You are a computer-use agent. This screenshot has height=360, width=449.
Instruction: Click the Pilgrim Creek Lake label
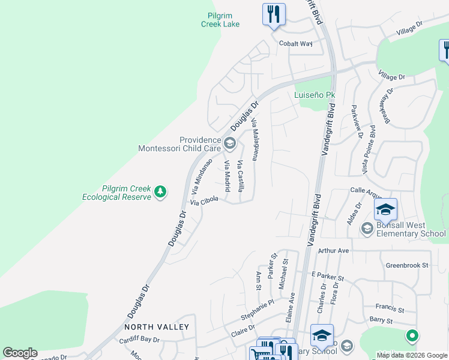tap(220, 20)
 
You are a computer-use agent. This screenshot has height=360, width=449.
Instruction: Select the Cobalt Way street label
tap(296, 43)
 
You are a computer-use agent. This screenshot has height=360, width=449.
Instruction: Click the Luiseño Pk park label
tap(315, 95)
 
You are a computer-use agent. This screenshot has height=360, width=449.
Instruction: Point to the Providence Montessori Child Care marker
tap(229, 143)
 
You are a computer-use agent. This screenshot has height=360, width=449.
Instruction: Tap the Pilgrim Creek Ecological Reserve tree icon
tap(160, 191)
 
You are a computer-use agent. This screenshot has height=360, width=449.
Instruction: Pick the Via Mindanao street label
tap(202, 176)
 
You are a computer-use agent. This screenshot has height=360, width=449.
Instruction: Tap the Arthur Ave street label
tap(334, 250)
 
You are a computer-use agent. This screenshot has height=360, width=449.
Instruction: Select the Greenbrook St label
tap(408, 265)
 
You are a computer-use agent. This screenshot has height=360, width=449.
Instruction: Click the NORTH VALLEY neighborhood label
tap(157, 327)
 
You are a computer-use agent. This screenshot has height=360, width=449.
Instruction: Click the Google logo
tap(20, 353)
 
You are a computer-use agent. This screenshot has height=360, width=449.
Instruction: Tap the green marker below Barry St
tap(412, 335)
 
